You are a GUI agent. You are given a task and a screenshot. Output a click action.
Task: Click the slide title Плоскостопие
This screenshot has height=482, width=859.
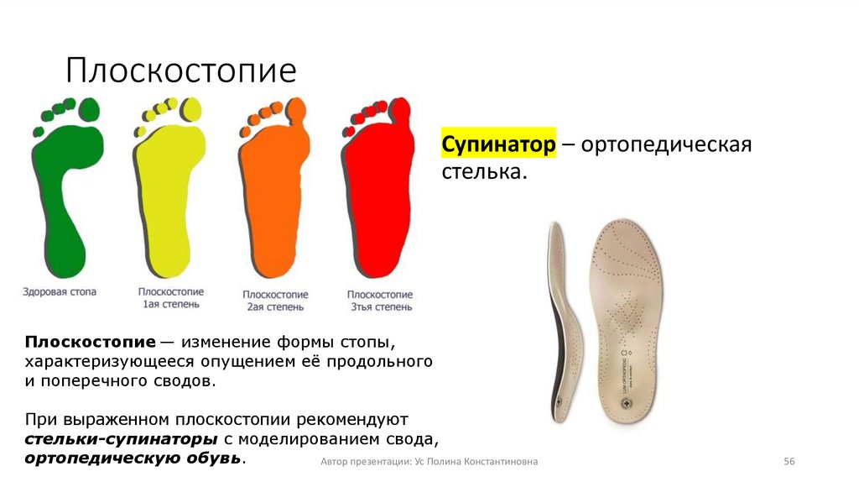pos(181,71)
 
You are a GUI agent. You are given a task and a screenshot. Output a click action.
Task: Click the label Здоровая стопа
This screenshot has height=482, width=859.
pos(60,292)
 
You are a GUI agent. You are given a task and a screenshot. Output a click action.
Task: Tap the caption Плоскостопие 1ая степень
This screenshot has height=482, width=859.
pos(170,298)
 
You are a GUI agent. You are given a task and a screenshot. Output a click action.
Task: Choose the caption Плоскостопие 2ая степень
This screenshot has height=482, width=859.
pos(275,301)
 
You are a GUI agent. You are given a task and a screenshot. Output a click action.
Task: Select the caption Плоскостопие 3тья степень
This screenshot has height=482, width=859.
pos(380,301)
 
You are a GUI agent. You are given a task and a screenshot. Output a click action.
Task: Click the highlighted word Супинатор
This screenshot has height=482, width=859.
pos(499,144)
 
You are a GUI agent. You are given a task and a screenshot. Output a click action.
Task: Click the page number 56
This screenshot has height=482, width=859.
pos(789,462)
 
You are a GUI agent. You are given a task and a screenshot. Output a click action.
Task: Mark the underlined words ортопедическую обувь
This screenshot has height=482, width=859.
pos(134,458)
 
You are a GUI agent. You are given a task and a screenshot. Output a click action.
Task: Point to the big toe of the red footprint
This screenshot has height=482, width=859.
pos(402,109)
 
